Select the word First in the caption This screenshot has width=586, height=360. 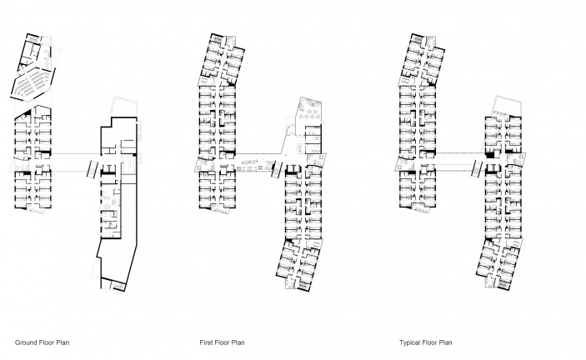[206, 342]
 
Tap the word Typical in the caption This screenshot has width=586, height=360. [410, 342]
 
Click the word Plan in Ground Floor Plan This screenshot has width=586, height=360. [63, 342]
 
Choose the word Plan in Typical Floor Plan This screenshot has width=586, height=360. [445, 342]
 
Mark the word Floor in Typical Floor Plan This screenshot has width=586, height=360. [429, 342]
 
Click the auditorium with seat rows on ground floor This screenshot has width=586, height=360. [33, 84]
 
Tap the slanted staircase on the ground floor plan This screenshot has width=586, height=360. [92, 169]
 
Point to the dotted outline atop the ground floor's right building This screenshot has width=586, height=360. [123, 107]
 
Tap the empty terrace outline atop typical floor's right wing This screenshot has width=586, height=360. [507, 106]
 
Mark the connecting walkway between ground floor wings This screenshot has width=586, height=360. [76, 162]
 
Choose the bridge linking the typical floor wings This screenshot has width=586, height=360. [460, 162]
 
